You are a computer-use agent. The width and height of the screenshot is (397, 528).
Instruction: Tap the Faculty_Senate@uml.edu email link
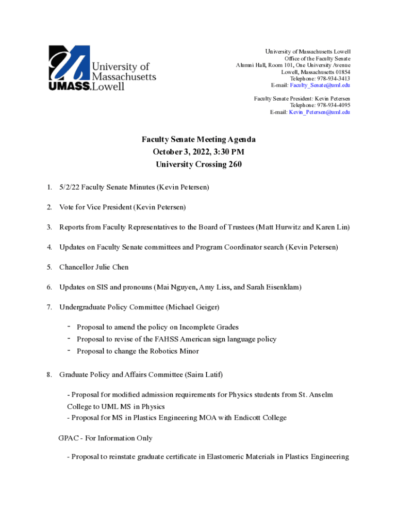click(320, 85)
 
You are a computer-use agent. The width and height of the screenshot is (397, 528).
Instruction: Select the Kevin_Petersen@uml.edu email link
click(319, 112)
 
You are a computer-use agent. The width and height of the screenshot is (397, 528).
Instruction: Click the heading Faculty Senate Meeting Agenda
click(198, 140)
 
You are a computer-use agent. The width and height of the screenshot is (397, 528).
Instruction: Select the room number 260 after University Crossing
click(235, 164)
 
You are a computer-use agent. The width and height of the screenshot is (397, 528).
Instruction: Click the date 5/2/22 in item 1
click(69, 187)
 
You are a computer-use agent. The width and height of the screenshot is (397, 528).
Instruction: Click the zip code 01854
click(341, 72)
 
